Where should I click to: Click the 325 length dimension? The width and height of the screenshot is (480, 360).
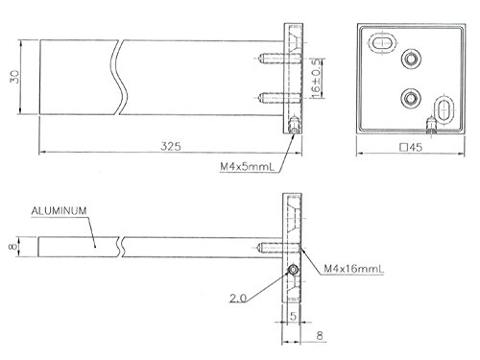(x=172, y=147)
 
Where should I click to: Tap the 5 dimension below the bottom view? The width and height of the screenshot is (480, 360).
(x=292, y=314)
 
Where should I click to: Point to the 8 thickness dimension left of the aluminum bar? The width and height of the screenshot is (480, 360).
(x=13, y=246)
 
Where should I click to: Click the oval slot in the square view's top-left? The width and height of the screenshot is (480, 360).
(x=381, y=43)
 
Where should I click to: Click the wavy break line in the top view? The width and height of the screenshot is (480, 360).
(x=121, y=77)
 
